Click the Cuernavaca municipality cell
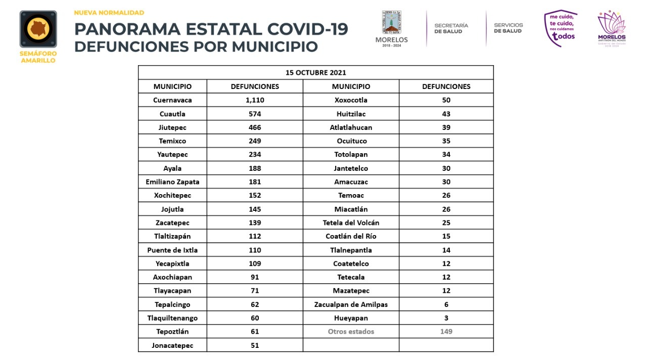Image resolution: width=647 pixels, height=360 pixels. pos(172,100)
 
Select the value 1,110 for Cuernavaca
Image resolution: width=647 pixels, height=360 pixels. pos(255,100)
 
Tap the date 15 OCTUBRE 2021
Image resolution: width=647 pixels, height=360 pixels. pos(316,72)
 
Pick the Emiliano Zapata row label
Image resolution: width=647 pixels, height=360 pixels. pos(172,182)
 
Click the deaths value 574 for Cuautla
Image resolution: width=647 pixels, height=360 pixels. pos(255,114)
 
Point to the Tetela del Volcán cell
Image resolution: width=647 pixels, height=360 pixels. pos(351,223)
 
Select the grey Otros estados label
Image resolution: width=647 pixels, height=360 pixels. pos(351,331)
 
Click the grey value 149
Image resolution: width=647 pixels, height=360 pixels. pos(446,331)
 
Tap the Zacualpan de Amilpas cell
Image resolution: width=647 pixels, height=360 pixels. pos(351,304)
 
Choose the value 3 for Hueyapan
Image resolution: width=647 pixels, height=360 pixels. pos(446,318)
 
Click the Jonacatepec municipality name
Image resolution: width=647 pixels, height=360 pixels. pos(172,345)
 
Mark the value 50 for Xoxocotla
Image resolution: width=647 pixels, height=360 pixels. pos(446,100)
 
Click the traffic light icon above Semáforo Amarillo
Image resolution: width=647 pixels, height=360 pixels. pos(38,29)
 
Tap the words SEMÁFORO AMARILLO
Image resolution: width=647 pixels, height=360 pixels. pos(38,57)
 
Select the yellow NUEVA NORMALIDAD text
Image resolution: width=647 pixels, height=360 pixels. pos(109,13)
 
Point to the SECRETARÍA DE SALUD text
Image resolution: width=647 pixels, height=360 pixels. pos(451,28)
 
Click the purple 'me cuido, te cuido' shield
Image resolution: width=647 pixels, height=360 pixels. pos(561,28)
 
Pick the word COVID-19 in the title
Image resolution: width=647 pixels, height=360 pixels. pos(308,29)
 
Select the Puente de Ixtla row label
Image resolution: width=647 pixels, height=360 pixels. pos(172,250)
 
